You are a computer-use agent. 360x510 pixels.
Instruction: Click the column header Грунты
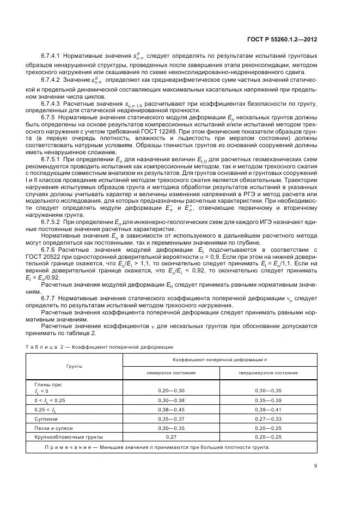tap(75, 366)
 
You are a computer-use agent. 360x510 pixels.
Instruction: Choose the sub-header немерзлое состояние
tap(171, 373)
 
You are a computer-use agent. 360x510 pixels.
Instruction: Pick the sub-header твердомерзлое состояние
tap(268, 373)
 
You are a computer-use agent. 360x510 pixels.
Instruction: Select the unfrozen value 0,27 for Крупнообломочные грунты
tap(171, 436)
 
